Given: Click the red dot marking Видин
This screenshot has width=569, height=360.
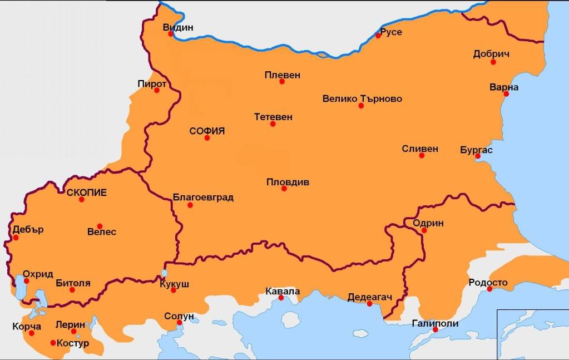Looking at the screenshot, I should tap(171, 34).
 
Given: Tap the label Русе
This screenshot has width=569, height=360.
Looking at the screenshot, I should tap(391, 32).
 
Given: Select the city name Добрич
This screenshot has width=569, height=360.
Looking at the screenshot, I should tap(491, 54).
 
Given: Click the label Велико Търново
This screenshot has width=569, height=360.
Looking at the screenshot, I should tap(362, 99).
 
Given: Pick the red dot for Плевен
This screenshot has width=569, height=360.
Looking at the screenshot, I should tap(282, 81).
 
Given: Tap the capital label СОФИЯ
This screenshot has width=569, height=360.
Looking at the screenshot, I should tap(207, 131).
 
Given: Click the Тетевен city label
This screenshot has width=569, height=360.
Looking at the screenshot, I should tap(273, 117).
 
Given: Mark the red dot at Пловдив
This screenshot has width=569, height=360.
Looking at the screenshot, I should tap(284, 189).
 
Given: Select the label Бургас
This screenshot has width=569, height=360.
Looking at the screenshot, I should tap(477, 150).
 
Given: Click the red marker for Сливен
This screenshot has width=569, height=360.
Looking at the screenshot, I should tap(422, 155).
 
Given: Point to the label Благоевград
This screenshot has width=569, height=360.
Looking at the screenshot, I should tap(203, 197).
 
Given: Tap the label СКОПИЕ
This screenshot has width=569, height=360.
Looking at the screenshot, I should tap(86, 193).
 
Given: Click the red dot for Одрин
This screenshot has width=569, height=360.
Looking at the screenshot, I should tap(424, 230).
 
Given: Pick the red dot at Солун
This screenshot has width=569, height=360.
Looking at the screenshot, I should tap(180, 323).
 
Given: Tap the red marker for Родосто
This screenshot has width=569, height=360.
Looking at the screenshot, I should tap(489, 289).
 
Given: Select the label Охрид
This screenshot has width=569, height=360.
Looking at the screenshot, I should tap(38, 274).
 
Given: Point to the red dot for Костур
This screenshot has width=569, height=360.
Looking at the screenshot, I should tap(53, 343).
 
